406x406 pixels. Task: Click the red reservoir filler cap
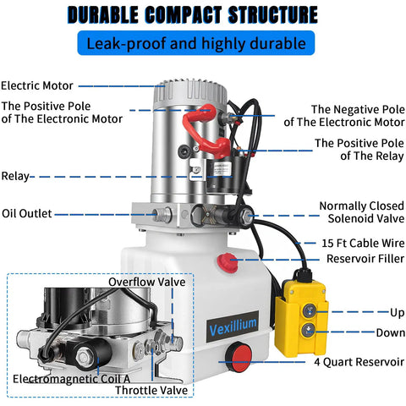[x=228, y=263]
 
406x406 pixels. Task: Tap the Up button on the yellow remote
[x=309, y=311]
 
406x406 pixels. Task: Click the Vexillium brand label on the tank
[x=233, y=326]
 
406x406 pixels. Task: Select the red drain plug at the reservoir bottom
[x=239, y=357]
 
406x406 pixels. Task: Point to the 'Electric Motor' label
[x=37, y=85]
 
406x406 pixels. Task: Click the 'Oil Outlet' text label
[x=27, y=213]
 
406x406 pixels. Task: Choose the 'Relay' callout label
[x=15, y=176]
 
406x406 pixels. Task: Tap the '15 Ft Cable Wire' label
[x=363, y=243]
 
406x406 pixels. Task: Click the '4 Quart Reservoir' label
[x=359, y=362]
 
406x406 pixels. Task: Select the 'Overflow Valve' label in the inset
[x=147, y=282]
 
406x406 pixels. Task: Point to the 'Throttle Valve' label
[x=151, y=391]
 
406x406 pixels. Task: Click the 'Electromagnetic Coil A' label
[x=72, y=379]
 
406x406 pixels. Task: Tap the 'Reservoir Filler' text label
[x=365, y=259]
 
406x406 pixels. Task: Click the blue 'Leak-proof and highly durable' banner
[x=196, y=43]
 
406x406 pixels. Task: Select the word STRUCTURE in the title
[x=273, y=14]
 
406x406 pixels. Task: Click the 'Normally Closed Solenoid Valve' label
[x=362, y=212]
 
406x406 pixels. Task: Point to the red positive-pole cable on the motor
[x=206, y=130]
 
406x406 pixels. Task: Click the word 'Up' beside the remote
[x=398, y=313]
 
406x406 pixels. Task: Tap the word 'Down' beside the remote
[x=391, y=332]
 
